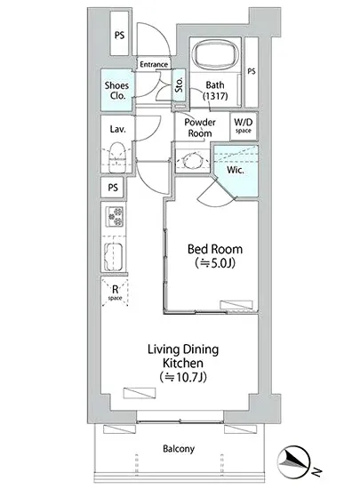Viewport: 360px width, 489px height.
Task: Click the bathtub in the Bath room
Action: (x=215, y=55)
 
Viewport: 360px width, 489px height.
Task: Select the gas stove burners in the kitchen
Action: (x=115, y=216)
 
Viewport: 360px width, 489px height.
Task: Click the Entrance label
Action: (x=154, y=65)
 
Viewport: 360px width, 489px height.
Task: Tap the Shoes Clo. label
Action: (x=116, y=91)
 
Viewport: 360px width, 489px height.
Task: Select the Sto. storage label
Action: (x=179, y=84)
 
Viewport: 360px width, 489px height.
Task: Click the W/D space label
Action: (x=244, y=125)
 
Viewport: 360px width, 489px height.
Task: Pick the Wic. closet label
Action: (x=236, y=170)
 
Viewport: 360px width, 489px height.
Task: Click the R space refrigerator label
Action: (x=115, y=293)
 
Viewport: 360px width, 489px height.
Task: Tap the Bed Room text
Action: (x=215, y=249)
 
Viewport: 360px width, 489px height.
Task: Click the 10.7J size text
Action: (x=183, y=377)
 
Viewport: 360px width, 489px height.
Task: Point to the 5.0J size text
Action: (x=215, y=263)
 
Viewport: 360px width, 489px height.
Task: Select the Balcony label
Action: (x=179, y=449)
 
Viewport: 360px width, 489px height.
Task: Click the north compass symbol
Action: (x=294, y=461)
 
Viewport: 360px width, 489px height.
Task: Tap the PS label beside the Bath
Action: (x=252, y=71)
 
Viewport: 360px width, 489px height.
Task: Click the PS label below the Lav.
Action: (x=113, y=188)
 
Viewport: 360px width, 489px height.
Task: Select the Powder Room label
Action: (x=200, y=128)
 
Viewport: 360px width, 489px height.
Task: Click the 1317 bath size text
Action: (x=215, y=96)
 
